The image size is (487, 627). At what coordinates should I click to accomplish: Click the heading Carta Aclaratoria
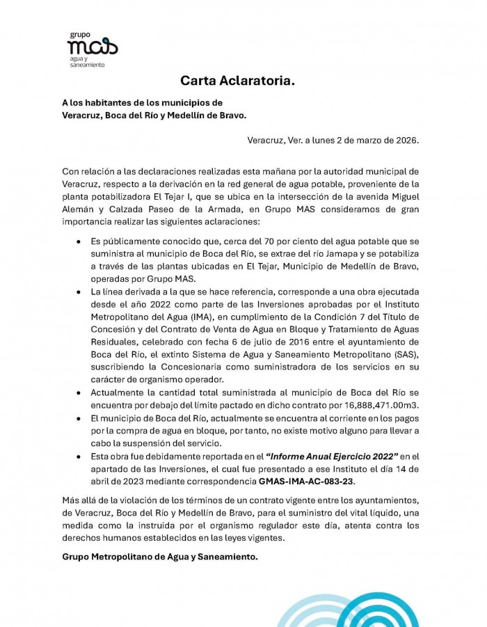click(x=237, y=81)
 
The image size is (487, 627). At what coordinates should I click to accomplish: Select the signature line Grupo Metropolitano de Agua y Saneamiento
click(x=160, y=557)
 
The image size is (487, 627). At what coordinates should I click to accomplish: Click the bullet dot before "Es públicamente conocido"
click(x=78, y=241)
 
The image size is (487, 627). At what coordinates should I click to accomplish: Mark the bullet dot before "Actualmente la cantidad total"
click(x=78, y=392)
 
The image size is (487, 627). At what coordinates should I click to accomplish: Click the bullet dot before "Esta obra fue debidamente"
click(x=78, y=456)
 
